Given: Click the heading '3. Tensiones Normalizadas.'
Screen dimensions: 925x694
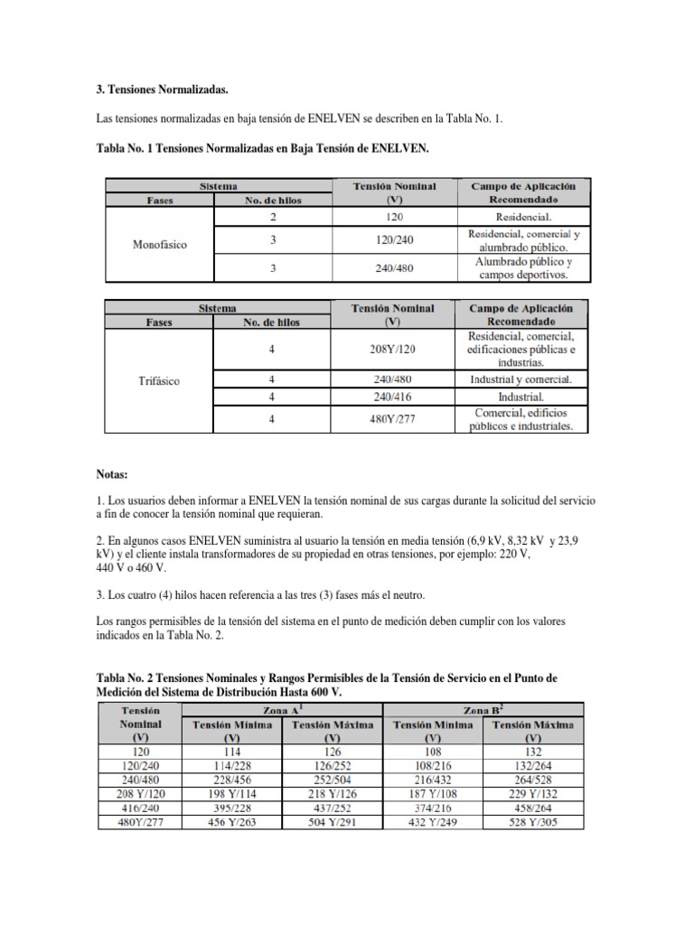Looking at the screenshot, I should point(162,91).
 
